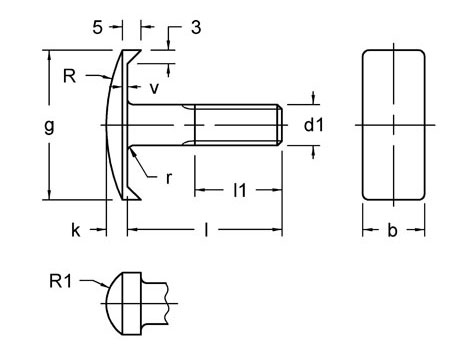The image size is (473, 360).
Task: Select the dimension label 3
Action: (x=196, y=28)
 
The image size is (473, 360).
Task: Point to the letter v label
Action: (x=154, y=88)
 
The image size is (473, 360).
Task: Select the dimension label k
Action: (x=76, y=230)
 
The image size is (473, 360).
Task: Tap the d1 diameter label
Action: (x=314, y=125)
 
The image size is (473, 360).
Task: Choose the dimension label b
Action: (x=392, y=230)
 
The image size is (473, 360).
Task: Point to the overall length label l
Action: (x=205, y=230)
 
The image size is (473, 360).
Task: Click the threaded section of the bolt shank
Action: (x=235, y=125)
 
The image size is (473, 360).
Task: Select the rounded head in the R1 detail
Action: (x=121, y=302)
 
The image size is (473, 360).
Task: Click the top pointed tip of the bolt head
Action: (x=135, y=50)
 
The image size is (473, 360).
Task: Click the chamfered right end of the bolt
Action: (x=279, y=125)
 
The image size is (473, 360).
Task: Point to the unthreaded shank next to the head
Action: (x=165, y=125)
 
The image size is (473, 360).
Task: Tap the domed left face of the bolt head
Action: (x=108, y=125)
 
